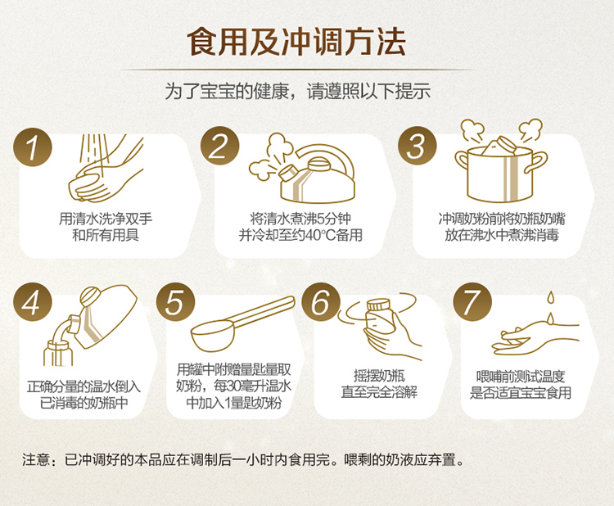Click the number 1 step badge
33,147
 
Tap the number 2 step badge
219,146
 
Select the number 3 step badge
417,146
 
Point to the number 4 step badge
33,302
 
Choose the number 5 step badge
176,302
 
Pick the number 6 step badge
321,302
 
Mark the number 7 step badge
472,302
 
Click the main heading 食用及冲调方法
296,41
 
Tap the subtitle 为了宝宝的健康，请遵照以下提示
298,92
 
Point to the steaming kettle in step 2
302,169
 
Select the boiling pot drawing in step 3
501,161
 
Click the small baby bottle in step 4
58,353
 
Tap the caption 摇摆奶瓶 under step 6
379,377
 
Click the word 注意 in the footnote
36,459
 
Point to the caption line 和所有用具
106,235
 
